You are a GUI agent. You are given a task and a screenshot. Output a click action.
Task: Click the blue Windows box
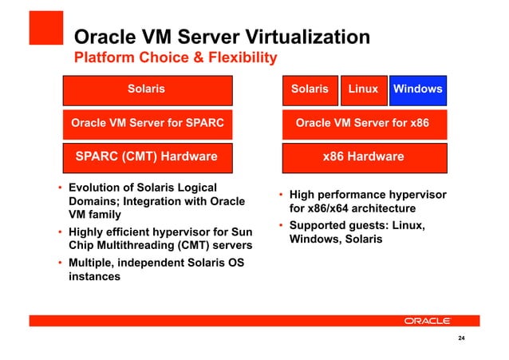point(417,89)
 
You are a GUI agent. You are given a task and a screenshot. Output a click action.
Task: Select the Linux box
point(363,89)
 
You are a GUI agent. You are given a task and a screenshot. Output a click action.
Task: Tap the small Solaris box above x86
point(310,89)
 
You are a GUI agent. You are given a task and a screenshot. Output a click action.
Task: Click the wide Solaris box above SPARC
point(147,89)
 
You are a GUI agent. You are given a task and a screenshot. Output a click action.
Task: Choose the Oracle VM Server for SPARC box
point(147,124)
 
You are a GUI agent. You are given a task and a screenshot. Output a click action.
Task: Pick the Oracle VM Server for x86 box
point(363,124)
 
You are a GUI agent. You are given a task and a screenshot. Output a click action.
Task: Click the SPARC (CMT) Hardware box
point(147,157)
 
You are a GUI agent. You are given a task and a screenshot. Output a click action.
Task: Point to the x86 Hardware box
point(363,157)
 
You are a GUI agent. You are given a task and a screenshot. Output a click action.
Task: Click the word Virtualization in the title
point(302,37)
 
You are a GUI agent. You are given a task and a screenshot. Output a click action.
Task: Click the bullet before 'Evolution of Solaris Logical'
point(60,189)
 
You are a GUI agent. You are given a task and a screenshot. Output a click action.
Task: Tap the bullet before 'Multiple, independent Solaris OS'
point(60,264)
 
